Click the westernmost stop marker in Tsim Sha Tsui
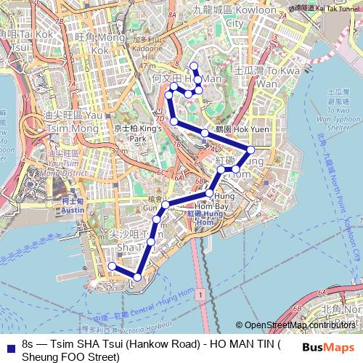[112, 266]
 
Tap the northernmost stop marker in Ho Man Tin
[194, 67]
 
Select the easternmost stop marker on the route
[251, 150]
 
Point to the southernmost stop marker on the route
[137, 277]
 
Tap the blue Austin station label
[73, 205]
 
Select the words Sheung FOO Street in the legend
[70, 356]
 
